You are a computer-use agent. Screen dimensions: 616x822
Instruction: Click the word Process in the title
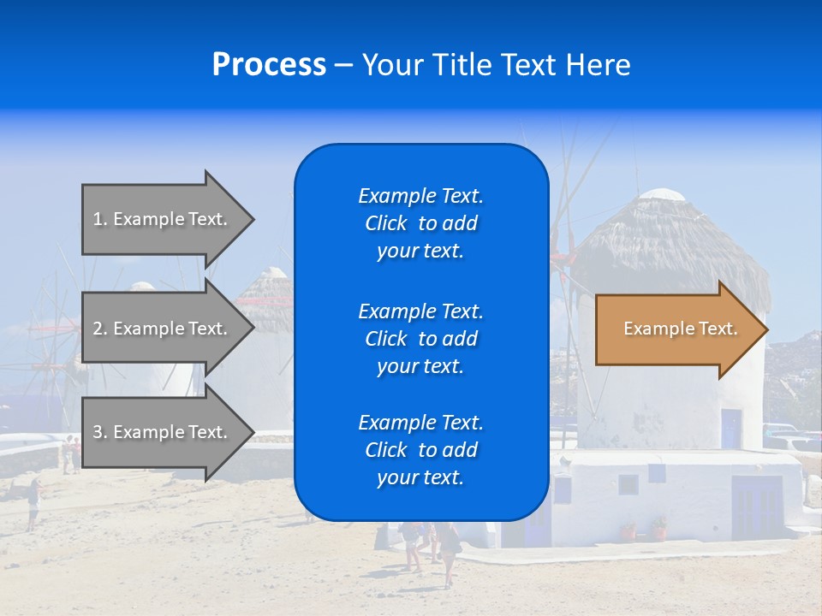coord(269,65)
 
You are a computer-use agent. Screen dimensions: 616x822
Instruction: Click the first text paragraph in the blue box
coord(420,223)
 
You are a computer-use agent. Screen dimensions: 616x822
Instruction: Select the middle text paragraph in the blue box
coord(420,339)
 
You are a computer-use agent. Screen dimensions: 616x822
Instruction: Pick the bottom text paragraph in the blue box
coord(420,450)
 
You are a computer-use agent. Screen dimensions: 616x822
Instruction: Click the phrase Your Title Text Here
coord(496,65)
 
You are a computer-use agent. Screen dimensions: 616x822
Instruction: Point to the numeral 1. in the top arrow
coord(100,219)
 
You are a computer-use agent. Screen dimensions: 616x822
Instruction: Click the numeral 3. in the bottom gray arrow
coord(100,432)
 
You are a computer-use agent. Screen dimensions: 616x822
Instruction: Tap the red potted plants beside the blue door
coord(644,529)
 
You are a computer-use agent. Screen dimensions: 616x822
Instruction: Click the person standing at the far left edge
coord(33,505)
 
